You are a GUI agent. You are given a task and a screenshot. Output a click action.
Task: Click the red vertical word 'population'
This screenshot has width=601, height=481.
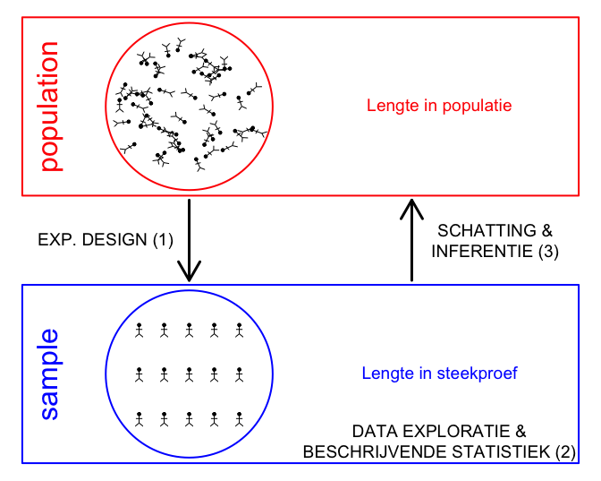coord(50,107)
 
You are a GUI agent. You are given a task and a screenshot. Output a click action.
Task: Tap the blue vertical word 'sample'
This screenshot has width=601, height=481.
coord(50,374)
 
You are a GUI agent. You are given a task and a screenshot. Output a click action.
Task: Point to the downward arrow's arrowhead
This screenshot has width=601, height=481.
coord(189,271)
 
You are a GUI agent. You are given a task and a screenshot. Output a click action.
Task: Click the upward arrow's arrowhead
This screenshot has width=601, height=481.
coord(411,210)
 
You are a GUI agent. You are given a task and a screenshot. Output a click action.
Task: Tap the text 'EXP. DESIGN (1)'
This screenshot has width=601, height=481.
coord(106,240)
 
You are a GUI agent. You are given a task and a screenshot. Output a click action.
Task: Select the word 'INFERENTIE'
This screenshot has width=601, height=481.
coord(482,252)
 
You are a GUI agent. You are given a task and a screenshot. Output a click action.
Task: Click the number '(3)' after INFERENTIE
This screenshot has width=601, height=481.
coord(548,252)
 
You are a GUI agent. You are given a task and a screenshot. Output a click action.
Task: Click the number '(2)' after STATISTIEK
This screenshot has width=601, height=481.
coord(566,452)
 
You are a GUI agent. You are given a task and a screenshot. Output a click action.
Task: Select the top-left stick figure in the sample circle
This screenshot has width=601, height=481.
coord(140,331)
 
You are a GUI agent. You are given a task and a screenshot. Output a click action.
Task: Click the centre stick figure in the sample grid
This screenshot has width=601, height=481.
coord(189,374)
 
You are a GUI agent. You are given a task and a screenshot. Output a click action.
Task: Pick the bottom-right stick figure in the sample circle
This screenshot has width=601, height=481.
coord(239,419)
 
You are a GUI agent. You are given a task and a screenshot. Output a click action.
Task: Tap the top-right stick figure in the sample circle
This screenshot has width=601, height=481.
coord(239,331)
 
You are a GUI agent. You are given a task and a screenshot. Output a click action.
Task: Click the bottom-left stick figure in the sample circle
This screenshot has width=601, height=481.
coord(140,419)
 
